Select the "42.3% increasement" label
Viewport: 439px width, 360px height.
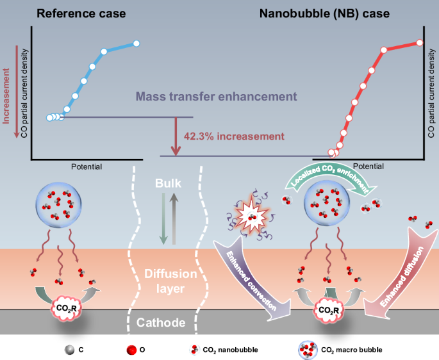point(233,136)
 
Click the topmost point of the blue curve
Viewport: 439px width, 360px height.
point(137,44)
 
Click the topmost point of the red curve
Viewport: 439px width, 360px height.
point(420,42)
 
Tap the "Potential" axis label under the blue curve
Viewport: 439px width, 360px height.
point(87,166)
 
